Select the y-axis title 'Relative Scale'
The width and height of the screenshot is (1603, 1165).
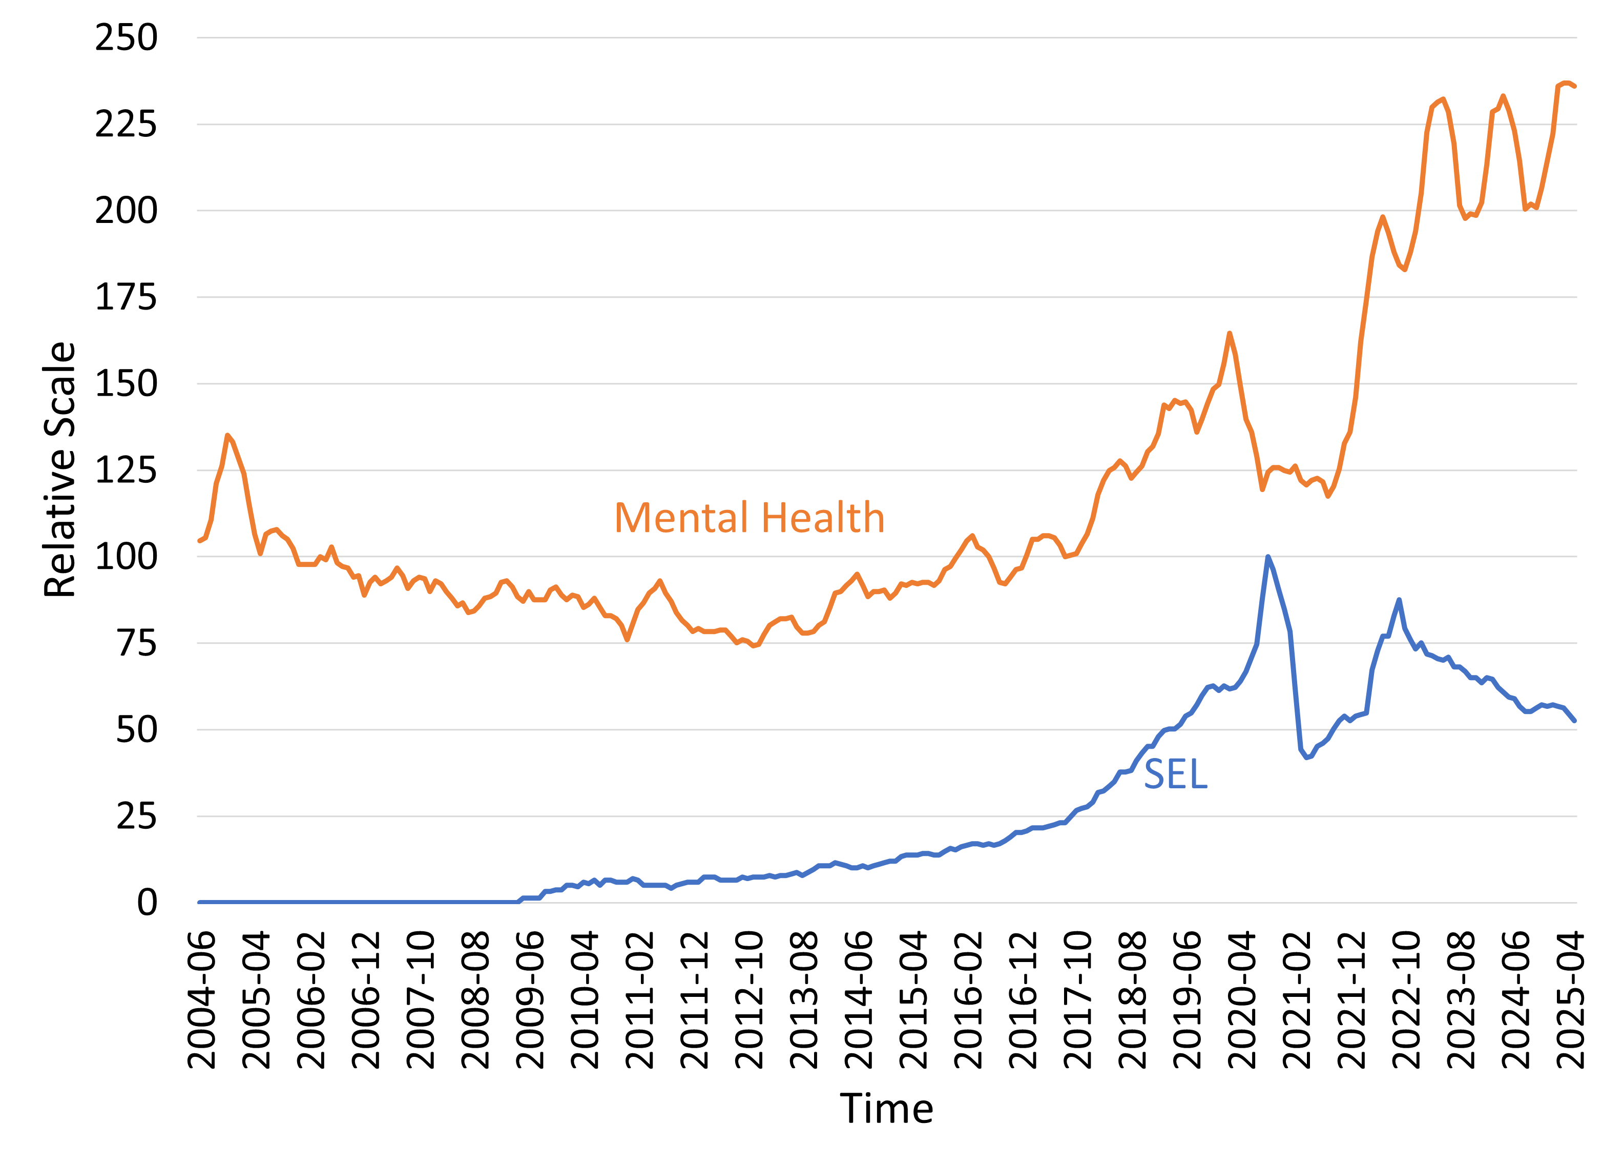coord(59,469)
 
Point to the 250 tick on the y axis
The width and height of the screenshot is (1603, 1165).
coord(126,37)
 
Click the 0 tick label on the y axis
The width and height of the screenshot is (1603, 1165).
coord(147,903)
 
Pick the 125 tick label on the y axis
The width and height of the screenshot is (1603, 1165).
coord(126,470)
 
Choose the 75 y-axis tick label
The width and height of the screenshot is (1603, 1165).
coord(136,643)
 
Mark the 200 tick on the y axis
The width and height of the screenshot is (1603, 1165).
coord(126,211)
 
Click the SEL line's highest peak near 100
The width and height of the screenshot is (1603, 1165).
coord(1268,557)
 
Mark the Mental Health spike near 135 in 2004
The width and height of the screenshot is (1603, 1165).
coord(227,436)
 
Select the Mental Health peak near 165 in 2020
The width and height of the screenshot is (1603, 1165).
coord(1230,333)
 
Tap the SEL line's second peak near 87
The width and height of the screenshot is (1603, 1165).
coord(1399,600)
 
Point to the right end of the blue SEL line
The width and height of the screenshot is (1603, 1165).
coord(1575,721)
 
